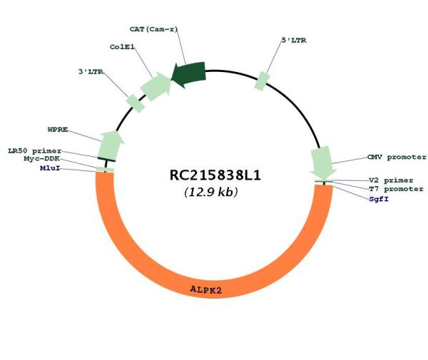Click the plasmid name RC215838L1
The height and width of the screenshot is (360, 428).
(x=213, y=175)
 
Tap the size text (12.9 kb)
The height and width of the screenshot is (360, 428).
(x=210, y=192)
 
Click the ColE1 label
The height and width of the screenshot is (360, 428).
(x=123, y=47)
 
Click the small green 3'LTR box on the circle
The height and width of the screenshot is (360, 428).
(x=135, y=103)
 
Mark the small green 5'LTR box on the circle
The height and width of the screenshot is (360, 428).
(x=263, y=81)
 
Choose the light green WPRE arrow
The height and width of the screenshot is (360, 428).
(x=110, y=145)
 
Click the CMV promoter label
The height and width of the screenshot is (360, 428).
(x=396, y=157)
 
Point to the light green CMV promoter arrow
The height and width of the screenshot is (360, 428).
(x=322, y=163)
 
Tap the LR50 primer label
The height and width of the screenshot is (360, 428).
(x=34, y=151)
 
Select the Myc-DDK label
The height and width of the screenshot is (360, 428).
(x=42, y=159)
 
